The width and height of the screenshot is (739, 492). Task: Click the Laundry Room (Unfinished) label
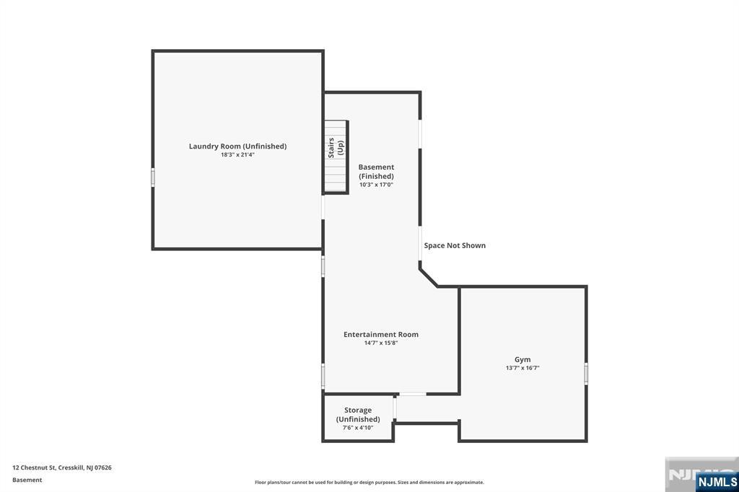[x=237, y=146]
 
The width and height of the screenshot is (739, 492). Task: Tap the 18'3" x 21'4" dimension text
[x=237, y=154]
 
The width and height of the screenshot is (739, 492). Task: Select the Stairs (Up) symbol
[x=336, y=157]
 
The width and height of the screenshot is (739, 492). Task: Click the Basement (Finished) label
[x=376, y=172]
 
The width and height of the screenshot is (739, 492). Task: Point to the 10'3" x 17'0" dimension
[x=376, y=185]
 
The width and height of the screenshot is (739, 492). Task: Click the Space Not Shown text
[x=455, y=245]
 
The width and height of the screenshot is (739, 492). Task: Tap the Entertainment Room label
[x=380, y=334]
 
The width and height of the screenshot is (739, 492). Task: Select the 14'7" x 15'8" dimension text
[x=380, y=343]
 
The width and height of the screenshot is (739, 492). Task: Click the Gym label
[x=522, y=359]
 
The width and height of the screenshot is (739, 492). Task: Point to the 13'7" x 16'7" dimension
[x=522, y=368]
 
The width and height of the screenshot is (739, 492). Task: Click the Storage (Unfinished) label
[x=358, y=414]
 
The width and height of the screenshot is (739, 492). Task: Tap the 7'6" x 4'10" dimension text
[x=358, y=428]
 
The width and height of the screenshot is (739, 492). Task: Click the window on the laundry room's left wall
[x=153, y=177]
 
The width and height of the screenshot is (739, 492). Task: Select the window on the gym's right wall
[x=586, y=373]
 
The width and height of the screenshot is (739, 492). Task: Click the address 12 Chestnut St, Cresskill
[x=62, y=467]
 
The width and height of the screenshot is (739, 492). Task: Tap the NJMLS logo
[x=716, y=482]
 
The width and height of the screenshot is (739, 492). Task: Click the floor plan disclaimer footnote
[x=369, y=482]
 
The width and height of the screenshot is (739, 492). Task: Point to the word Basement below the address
[x=27, y=480]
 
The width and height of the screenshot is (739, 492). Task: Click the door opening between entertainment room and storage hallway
[x=412, y=394]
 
